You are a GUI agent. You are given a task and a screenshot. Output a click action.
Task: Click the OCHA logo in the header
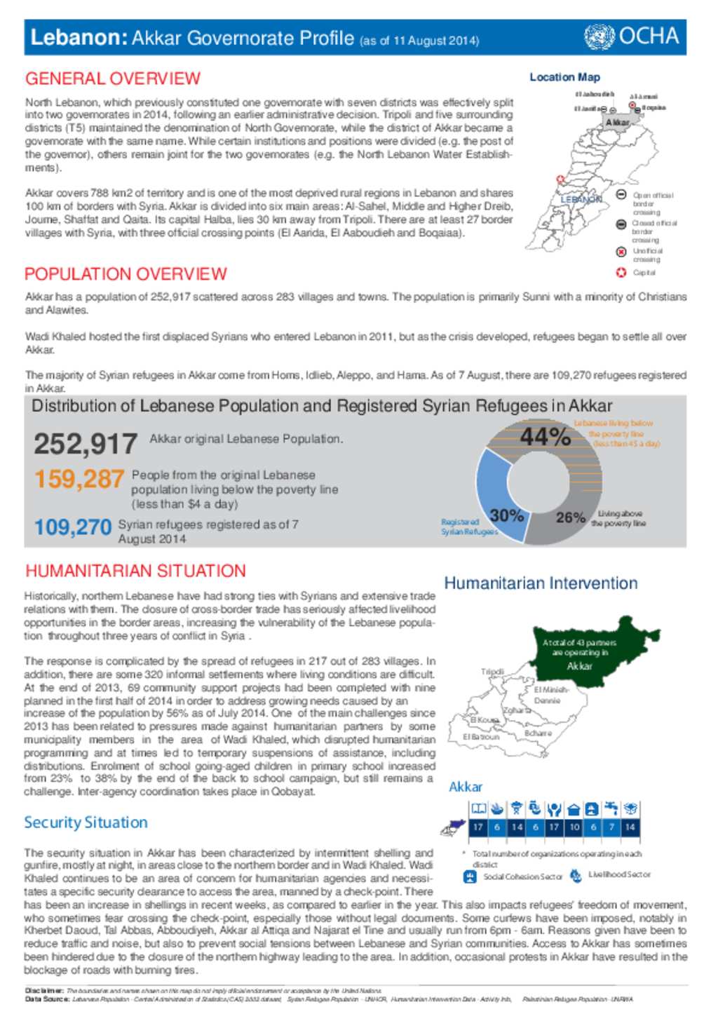(x=632, y=36)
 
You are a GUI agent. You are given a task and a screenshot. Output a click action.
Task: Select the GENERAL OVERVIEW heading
(x=113, y=79)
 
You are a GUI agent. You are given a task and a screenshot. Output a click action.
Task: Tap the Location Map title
(x=564, y=77)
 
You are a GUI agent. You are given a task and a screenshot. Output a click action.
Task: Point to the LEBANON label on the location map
(x=581, y=199)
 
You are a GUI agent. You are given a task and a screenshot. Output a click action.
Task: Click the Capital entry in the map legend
(x=644, y=273)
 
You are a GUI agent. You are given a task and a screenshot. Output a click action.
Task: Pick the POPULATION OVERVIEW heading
(x=126, y=274)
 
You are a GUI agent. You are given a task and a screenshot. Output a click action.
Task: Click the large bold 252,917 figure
(x=86, y=444)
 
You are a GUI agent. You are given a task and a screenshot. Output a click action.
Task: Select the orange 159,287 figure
(x=79, y=480)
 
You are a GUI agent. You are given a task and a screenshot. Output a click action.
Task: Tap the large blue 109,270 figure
(x=73, y=527)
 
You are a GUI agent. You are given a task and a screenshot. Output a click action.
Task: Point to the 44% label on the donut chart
(x=545, y=438)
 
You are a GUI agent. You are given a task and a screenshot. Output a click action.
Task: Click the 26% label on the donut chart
(x=570, y=518)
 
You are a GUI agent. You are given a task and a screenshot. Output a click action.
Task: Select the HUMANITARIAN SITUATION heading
(x=135, y=571)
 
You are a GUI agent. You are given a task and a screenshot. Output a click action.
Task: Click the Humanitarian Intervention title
(x=541, y=583)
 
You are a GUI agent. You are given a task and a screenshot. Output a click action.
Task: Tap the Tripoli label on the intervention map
(x=492, y=672)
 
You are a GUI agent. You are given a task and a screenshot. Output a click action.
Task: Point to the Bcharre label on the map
(x=538, y=733)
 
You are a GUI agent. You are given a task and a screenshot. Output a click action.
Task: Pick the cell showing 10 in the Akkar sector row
(x=574, y=827)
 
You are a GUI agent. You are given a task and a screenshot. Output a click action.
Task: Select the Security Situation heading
(x=86, y=822)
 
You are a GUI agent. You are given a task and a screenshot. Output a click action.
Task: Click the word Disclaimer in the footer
(x=44, y=991)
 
